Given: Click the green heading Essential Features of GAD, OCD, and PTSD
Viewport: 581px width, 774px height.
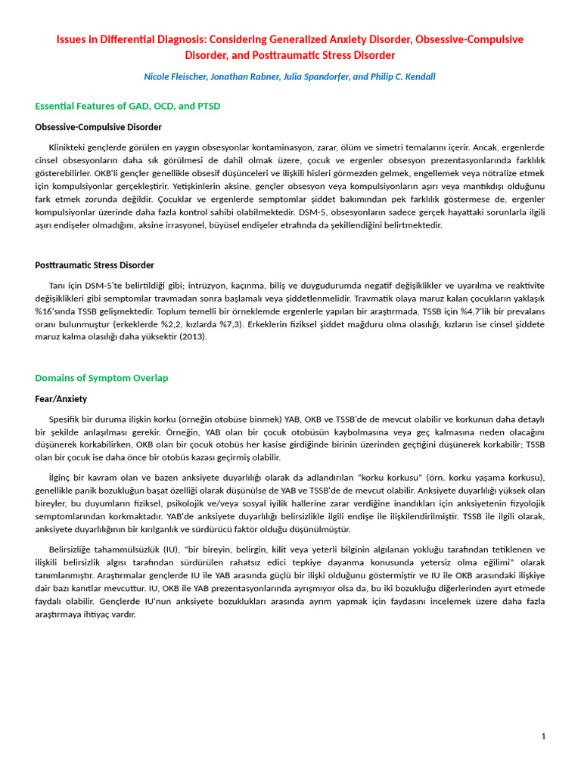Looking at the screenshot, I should click(x=128, y=106).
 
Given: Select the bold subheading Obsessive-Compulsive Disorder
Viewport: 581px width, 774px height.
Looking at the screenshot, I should click(x=98, y=127).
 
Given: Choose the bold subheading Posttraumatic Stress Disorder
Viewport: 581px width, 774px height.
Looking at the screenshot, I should click(x=95, y=265).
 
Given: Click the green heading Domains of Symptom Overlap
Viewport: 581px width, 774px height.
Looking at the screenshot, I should click(x=101, y=378).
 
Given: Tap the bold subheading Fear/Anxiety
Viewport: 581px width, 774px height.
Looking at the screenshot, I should click(x=61, y=399).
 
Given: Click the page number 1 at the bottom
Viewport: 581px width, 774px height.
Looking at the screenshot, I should click(x=543, y=736).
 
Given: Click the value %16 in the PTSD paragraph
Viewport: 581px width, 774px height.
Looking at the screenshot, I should click(x=46, y=311).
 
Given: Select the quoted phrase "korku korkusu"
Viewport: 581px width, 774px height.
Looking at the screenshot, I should click(x=390, y=478).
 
